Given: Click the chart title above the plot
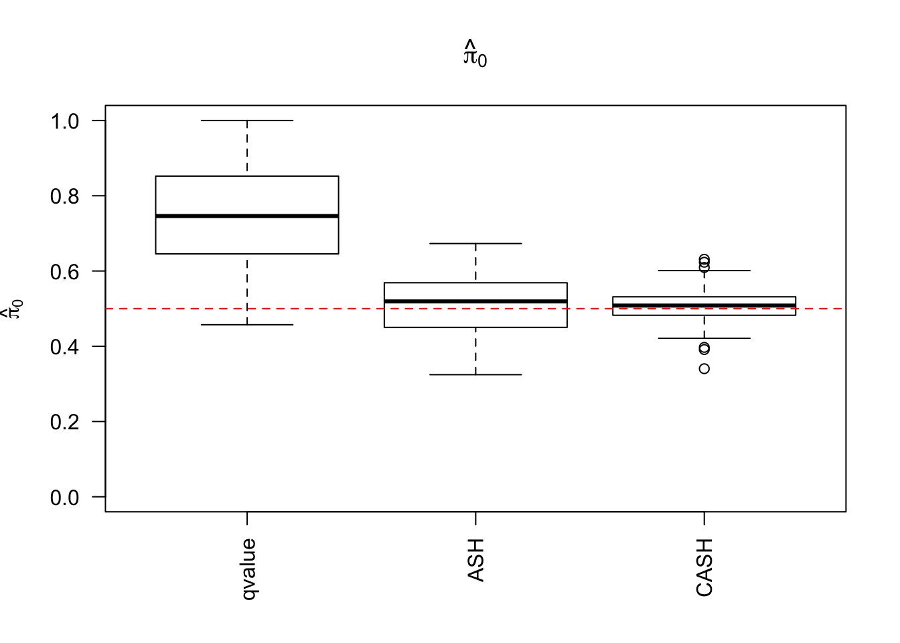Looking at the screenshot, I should point(475,55).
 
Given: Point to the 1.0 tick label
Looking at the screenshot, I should point(64,121).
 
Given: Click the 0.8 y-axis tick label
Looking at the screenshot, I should point(64,196).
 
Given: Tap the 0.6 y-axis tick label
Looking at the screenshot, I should point(64,271).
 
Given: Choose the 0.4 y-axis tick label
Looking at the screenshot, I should point(64,347).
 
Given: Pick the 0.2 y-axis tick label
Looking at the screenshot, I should point(64,422).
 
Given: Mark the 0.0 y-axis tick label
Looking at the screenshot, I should point(64,498).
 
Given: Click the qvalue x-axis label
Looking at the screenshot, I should point(248,569).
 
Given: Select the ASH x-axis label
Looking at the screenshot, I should point(475,560).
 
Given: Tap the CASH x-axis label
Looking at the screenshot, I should point(704,567).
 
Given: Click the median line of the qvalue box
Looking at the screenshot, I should point(247,216).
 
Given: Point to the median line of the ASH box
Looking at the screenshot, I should point(475,301).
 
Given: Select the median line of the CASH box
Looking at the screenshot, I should point(704,305).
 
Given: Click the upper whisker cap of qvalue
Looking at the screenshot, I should point(247,121).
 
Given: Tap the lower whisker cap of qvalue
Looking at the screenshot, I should point(247,325).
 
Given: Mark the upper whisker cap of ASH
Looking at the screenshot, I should point(475,244).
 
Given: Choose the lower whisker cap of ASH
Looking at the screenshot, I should point(475,374).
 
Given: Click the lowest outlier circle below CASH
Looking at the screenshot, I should point(704,368).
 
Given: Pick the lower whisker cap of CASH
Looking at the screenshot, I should point(704,338).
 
